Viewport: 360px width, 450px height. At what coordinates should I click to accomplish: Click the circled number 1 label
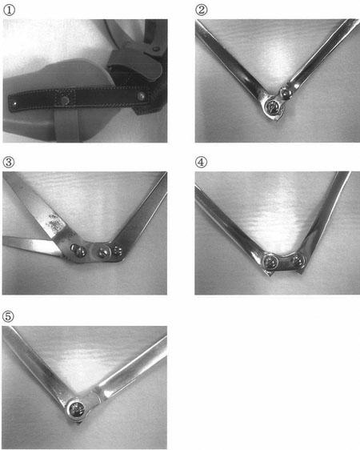pyautogui.click(x=9, y=10)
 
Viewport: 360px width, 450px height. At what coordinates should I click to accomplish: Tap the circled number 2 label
pyautogui.click(x=202, y=10)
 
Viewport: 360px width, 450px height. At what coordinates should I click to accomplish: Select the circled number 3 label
pyautogui.click(x=9, y=163)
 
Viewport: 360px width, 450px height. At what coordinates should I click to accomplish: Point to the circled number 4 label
pyautogui.click(x=201, y=163)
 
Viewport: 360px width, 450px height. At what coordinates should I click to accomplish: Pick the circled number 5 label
pyautogui.click(x=8, y=316)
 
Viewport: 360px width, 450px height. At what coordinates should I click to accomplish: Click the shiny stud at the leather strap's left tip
pyautogui.click(x=14, y=103)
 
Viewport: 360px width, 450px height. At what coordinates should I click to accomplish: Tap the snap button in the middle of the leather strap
pyautogui.click(x=66, y=100)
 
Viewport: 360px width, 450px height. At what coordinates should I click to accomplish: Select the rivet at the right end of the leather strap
pyautogui.click(x=141, y=96)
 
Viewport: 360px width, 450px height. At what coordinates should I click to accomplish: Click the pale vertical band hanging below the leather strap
pyautogui.click(x=66, y=125)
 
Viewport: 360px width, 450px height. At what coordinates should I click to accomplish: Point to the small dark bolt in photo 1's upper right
pyautogui.click(x=156, y=49)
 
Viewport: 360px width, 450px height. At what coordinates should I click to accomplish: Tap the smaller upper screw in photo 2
pyautogui.click(x=286, y=92)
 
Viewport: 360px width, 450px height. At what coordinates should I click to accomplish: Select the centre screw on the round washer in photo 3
pyautogui.click(x=102, y=252)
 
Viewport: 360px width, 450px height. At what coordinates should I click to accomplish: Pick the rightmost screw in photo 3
pyautogui.click(x=118, y=251)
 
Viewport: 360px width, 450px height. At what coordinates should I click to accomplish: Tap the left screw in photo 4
pyautogui.click(x=270, y=262)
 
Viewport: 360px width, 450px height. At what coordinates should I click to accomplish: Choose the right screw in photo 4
pyautogui.click(x=298, y=260)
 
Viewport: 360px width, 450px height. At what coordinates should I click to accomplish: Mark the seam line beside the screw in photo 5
pyautogui.click(x=98, y=394)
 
